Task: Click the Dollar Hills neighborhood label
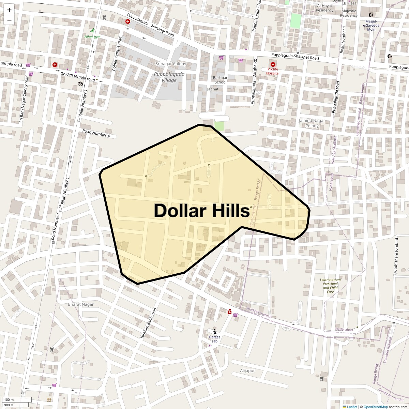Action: pyautogui.click(x=202, y=211)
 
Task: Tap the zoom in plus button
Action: pyautogui.click(x=9, y=10)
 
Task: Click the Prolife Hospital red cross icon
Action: pyautogui.click(x=273, y=64)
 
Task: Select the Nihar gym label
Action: pyautogui.click(x=92, y=36)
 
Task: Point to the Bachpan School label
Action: pyautogui.click(x=221, y=80)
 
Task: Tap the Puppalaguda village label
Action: pyautogui.click(x=169, y=77)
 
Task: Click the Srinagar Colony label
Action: pyautogui.click(x=171, y=64)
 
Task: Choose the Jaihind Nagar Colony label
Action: pyautogui.click(x=312, y=123)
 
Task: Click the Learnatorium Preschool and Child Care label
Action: pyautogui.click(x=330, y=286)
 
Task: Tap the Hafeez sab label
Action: pyautogui.click(x=214, y=339)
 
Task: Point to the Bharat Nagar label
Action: pyautogui.click(x=80, y=304)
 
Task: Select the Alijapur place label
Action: pyautogui.click(x=247, y=370)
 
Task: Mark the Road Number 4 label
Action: pyautogui.click(x=96, y=133)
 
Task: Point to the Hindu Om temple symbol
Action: pyautogui.click(x=81, y=84)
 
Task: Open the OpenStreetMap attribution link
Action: pyautogui.click(x=375, y=407)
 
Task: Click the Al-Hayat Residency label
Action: pyautogui.click(x=324, y=8)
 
